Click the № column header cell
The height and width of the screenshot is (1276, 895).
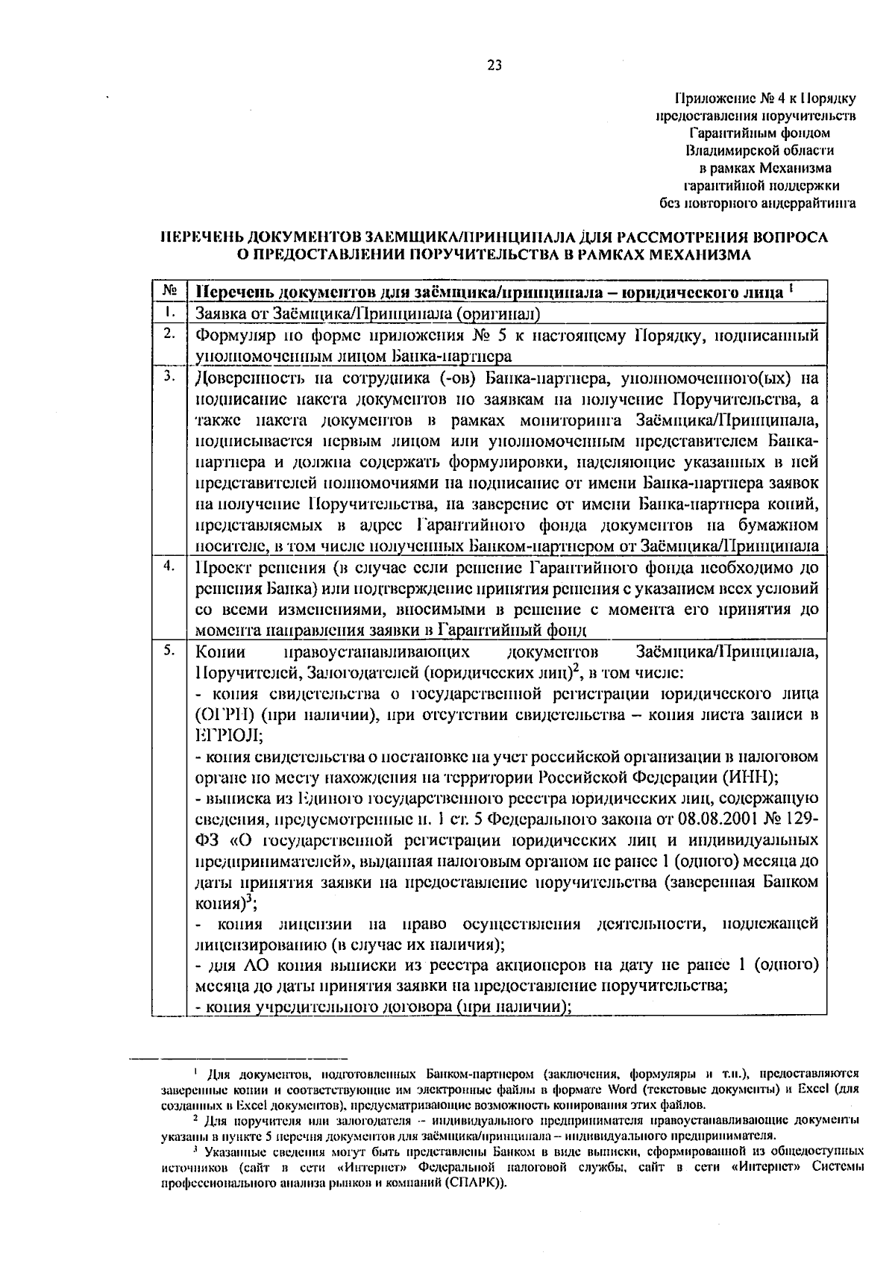pos(169,290)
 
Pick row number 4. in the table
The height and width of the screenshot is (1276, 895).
pos(169,566)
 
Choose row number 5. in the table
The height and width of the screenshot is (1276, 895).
pos(169,650)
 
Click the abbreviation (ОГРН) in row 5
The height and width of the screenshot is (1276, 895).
pos(224,716)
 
